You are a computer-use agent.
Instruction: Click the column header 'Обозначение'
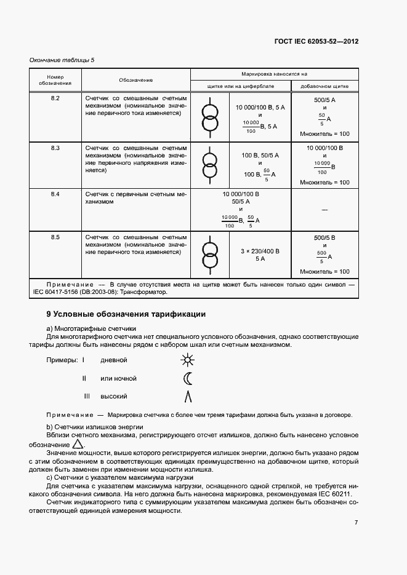(136, 81)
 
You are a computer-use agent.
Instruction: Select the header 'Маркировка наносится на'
(274, 73)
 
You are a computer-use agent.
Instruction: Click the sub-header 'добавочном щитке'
(324, 87)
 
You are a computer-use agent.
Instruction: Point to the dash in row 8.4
(324, 210)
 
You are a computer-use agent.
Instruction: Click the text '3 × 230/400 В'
(260, 251)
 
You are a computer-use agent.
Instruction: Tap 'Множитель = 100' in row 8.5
(324, 271)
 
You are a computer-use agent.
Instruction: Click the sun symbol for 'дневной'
(187, 360)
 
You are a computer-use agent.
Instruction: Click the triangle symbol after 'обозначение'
(78, 444)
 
